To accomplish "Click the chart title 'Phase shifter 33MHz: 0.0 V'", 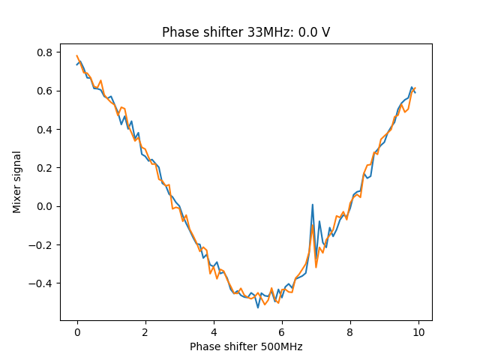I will pyautogui.click(x=246, y=33).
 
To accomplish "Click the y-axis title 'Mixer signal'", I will pyautogui.click(x=16, y=181).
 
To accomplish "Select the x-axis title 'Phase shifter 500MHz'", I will pyautogui.click(x=246, y=346).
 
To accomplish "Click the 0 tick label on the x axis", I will pyautogui.click(x=76, y=331).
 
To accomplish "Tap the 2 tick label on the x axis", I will pyautogui.click(x=145, y=331).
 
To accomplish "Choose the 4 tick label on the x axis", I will pyautogui.click(x=214, y=331).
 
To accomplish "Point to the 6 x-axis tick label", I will pyautogui.click(x=282, y=331).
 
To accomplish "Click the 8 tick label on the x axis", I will pyautogui.click(x=350, y=331).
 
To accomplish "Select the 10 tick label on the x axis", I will pyautogui.click(x=418, y=331).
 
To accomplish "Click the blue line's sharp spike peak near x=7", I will pyautogui.click(x=313, y=204).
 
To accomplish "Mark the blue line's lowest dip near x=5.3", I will pyautogui.click(x=258, y=307).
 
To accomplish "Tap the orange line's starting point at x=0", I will pyautogui.click(x=76, y=55).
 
